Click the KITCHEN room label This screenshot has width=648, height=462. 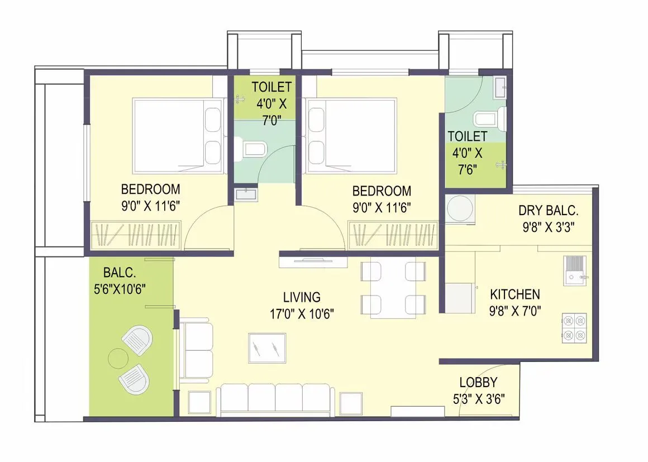pos(514,294)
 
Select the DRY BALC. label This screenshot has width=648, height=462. pos(548,211)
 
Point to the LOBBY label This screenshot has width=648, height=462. pos(478,383)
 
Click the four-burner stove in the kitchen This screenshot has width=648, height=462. pos(574,327)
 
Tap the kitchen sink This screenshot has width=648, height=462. pos(574,270)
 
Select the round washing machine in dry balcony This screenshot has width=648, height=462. pos(460,209)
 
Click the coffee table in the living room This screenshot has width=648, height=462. pos(267,349)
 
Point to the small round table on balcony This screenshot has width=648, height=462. pos(118,358)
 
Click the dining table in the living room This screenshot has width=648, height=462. pos(393,288)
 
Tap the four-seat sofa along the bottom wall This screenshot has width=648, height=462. pos(275,399)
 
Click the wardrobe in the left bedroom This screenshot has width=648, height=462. pos(135,235)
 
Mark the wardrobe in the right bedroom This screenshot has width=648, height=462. pos(393,235)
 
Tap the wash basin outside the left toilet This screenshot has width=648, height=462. pos(245,194)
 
